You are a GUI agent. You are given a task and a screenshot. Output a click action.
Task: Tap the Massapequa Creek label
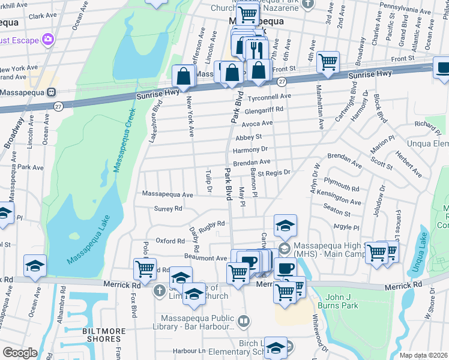tap(124, 137)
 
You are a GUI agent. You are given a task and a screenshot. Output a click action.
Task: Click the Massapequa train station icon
tap(52, 93)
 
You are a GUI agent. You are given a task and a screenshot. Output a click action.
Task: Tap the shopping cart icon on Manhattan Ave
tap(328, 61)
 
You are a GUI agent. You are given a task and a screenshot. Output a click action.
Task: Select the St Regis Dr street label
tap(274, 172)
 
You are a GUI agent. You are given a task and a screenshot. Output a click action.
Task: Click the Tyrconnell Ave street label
tap(270, 97)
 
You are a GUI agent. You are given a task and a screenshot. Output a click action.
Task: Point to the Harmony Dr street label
tap(250, 149)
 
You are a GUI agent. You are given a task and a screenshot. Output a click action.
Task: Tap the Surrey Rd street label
tap(168, 209)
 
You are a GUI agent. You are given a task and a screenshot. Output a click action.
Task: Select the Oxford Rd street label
tap(170, 241)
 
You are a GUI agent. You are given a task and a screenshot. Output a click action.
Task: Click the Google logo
tap(20, 353)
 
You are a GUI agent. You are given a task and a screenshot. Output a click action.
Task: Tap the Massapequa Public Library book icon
tap(243, 322)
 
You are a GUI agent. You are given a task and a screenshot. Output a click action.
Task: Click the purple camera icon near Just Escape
tap(48, 40)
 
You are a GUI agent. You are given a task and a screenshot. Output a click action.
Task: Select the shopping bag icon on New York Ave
tap(183, 76)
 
